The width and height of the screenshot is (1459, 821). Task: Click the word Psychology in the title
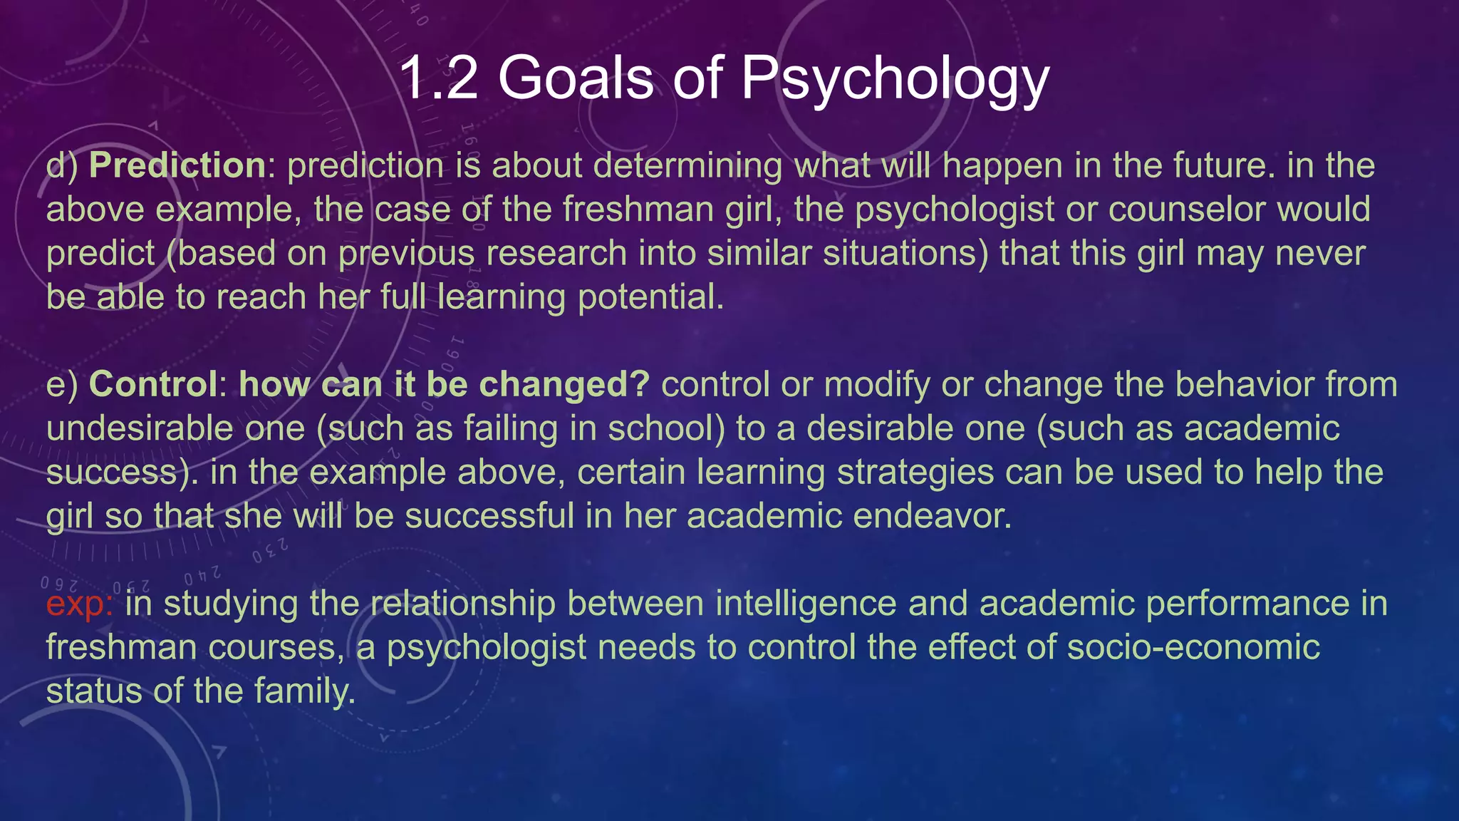(x=895, y=78)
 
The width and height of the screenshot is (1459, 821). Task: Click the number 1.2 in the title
(x=439, y=78)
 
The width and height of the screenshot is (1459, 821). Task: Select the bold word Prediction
(x=177, y=166)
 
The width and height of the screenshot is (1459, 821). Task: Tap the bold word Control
(x=153, y=385)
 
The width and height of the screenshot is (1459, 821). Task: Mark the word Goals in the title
(x=576, y=78)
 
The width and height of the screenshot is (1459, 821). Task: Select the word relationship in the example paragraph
(x=463, y=604)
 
